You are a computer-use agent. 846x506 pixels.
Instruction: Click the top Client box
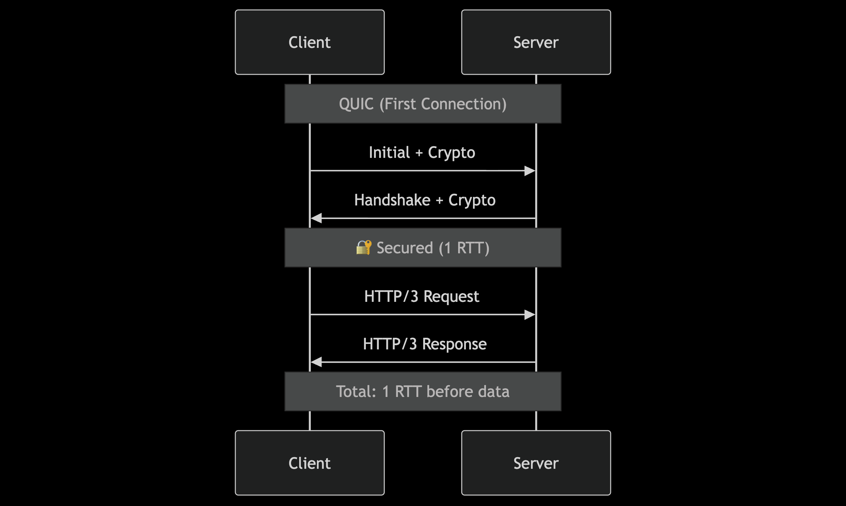(310, 42)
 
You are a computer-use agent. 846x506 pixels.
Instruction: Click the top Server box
(536, 42)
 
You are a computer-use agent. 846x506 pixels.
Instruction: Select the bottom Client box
(310, 463)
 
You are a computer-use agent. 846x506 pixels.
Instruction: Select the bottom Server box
(536, 463)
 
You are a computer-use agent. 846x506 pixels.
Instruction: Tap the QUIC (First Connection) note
(423, 104)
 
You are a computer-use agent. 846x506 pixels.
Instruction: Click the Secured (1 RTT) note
(423, 247)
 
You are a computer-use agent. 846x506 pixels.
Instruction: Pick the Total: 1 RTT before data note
(423, 391)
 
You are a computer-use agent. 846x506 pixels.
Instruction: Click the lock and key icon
(364, 247)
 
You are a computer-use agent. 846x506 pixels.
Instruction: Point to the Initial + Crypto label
(422, 152)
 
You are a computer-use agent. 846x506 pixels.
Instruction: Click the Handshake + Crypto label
(425, 200)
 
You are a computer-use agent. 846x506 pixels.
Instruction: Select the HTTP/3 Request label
(422, 296)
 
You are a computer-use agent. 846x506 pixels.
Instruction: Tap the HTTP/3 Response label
(425, 344)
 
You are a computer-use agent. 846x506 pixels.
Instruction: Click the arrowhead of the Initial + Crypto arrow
(530, 171)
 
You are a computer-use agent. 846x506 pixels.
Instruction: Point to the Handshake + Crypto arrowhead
(316, 218)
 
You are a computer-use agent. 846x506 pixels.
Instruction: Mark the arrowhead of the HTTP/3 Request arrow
(530, 315)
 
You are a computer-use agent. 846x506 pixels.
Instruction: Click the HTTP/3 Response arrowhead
(316, 362)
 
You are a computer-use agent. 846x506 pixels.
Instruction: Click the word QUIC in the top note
(356, 104)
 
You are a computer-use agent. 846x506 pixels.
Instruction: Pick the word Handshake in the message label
(392, 200)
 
